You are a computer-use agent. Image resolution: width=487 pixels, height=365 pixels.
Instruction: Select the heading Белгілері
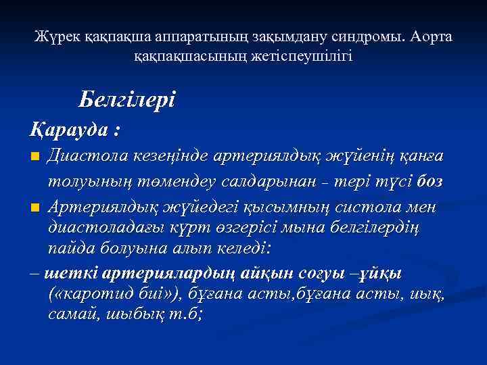point(126,100)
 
